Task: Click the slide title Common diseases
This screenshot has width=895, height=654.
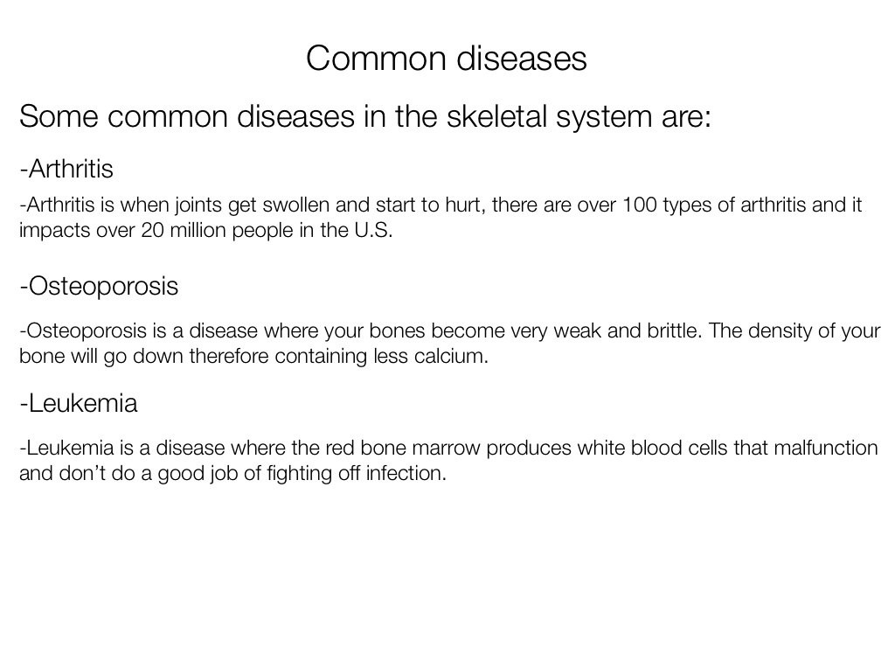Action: click(447, 59)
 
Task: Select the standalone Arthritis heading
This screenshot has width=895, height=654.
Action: click(66, 169)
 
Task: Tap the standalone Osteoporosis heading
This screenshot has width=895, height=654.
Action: click(99, 286)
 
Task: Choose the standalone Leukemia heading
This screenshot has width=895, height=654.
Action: click(78, 403)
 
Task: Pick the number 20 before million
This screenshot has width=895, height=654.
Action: click(152, 230)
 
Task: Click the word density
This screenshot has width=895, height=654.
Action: click(780, 330)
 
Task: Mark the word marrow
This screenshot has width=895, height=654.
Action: click(446, 449)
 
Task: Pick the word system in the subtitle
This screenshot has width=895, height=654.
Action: click(604, 117)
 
